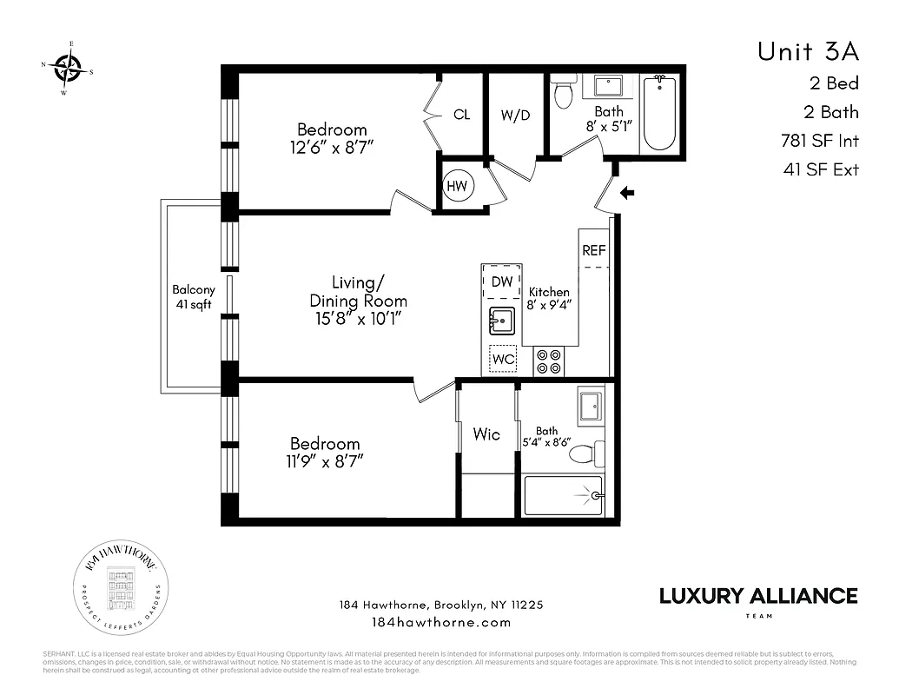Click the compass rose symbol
point(68,65)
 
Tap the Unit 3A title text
point(807,51)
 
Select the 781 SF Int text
point(819,140)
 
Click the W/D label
point(515,115)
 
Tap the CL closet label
point(461,115)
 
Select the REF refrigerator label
point(594,250)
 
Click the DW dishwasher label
point(501,281)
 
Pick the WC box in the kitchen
point(503,359)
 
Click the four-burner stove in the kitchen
point(548,361)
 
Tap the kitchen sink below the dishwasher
point(502,321)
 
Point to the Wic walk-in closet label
point(486,434)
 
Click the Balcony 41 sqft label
point(193,297)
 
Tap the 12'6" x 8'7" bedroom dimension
point(332,148)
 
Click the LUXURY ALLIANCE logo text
point(757,596)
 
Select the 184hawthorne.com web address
point(441,622)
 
